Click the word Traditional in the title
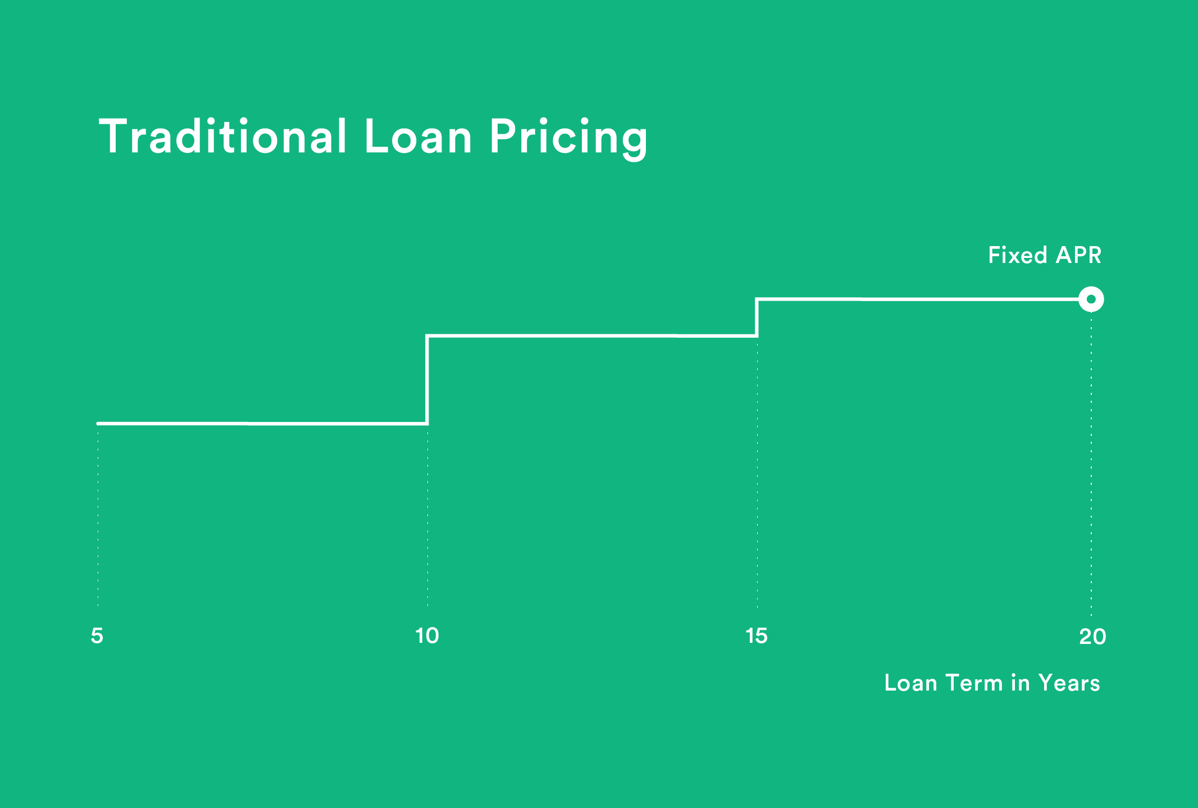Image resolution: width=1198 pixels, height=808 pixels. pyautogui.click(x=223, y=137)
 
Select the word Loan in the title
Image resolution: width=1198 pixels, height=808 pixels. pyautogui.click(x=418, y=137)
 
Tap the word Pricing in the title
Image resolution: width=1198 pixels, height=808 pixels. pyautogui.click(x=568, y=138)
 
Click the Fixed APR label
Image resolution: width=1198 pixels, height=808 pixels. pyautogui.click(x=1044, y=255)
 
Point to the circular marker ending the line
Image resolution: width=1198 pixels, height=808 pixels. pyautogui.click(x=1091, y=299)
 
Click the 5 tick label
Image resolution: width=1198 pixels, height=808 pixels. pyautogui.click(x=97, y=635)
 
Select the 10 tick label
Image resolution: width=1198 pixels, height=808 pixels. pyautogui.click(x=427, y=635)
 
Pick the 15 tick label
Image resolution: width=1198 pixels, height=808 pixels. pyautogui.click(x=757, y=635)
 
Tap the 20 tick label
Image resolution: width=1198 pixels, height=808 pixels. pyautogui.click(x=1092, y=636)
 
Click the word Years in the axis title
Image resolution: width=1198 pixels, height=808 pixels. pyautogui.click(x=1069, y=683)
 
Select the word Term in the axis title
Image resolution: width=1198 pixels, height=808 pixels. pyautogui.click(x=974, y=683)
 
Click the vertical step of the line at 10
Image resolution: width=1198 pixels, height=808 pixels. pyautogui.click(x=427, y=380)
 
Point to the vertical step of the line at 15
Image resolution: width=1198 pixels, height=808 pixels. pyautogui.click(x=757, y=318)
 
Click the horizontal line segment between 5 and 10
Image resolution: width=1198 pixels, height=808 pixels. pyautogui.click(x=262, y=423)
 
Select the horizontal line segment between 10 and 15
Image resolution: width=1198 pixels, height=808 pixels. pyautogui.click(x=592, y=335)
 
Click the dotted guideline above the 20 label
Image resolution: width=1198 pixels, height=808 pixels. pyautogui.click(x=1091, y=461)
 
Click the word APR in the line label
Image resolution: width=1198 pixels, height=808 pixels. pyautogui.click(x=1078, y=255)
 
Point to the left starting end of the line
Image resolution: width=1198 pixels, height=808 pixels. pyautogui.click(x=99, y=423)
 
